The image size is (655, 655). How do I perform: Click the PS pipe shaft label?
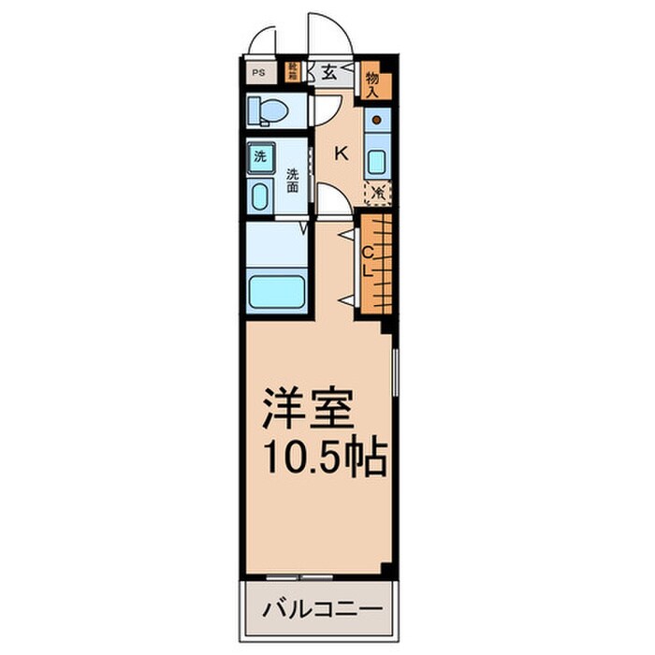tap(256, 71)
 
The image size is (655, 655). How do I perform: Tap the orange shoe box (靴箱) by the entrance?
tap(294, 70)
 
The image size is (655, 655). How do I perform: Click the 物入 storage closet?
tap(372, 82)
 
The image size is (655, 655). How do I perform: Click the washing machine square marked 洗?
tap(259, 156)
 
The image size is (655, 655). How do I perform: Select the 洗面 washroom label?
tap(293, 180)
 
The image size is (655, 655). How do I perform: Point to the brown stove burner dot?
tap(376, 120)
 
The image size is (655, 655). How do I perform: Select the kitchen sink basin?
tap(376, 160)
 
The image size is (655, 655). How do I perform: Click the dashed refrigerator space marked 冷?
tap(378, 193)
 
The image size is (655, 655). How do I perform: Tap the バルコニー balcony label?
tap(321, 609)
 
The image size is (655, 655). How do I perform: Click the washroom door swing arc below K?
tap(329, 199)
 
